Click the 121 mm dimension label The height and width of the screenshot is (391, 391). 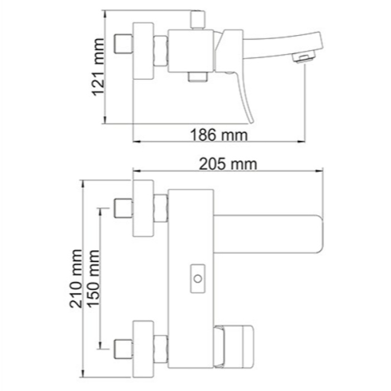pyautogui.click(x=99, y=67)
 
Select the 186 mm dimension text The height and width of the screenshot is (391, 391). pyautogui.click(x=218, y=135)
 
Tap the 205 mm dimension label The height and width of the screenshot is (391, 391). pyautogui.click(x=228, y=164)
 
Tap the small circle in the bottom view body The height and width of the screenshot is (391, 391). pyautogui.click(x=197, y=277)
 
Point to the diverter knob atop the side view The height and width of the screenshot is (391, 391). pyautogui.click(x=197, y=18)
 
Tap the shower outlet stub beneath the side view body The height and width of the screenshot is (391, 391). pyautogui.click(x=197, y=77)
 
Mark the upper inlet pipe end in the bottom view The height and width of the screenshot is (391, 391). pyautogui.click(x=122, y=208)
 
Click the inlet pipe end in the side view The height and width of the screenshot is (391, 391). pyautogui.click(x=122, y=44)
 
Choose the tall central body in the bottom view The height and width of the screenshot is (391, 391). pyautogui.click(x=192, y=279)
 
